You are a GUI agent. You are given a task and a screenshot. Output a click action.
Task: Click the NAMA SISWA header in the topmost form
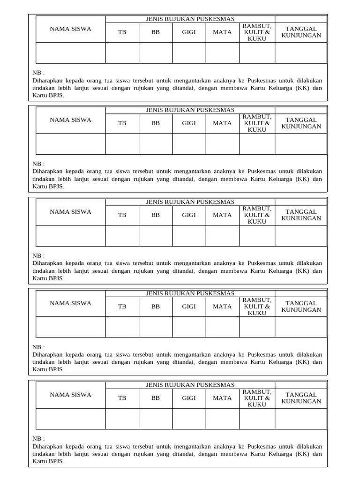click(x=71, y=29)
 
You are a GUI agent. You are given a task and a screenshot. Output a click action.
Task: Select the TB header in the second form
click(x=122, y=123)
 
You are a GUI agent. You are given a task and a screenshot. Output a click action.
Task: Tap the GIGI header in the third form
click(x=189, y=215)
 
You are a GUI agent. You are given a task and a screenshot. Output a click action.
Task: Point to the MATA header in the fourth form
click(x=222, y=307)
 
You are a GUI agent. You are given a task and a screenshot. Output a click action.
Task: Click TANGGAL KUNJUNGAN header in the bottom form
click(x=301, y=398)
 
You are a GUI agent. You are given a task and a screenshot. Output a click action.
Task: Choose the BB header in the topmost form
click(x=156, y=32)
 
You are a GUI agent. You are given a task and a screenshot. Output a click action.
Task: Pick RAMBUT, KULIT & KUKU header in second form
click(x=257, y=123)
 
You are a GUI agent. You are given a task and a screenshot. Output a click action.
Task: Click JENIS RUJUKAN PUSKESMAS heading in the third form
click(x=190, y=202)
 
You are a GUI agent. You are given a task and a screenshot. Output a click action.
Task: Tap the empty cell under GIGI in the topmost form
click(x=189, y=53)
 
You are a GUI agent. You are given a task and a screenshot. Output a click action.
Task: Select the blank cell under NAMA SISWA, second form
click(x=71, y=144)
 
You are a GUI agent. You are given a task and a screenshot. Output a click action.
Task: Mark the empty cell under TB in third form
click(x=122, y=236)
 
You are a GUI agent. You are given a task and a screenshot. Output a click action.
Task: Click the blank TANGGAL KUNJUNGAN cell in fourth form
click(x=301, y=327)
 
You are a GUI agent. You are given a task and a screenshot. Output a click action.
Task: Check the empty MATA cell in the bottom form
click(x=222, y=419)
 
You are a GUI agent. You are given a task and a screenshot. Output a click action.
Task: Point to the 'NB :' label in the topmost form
click(x=38, y=73)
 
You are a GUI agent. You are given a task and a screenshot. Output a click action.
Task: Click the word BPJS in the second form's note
click(x=55, y=186)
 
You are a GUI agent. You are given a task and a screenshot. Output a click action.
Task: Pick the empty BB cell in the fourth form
click(x=156, y=327)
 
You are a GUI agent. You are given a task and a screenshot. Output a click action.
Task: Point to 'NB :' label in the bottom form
click(x=38, y=439)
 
